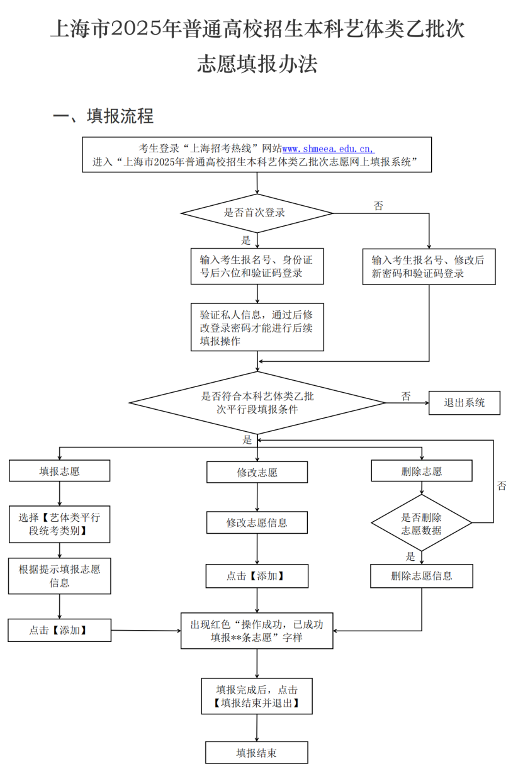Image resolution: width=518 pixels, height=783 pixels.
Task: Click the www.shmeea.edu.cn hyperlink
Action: click(328, 149)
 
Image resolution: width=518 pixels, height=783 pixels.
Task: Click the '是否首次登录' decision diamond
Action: click(257, 213)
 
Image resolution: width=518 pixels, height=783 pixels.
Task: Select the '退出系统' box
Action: click(465, 403)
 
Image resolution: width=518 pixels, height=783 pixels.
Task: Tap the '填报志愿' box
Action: click(59, 471)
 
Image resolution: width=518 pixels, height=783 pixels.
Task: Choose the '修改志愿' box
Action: click(257, 472)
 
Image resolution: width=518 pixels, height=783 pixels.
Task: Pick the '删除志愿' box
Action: click(422, 471)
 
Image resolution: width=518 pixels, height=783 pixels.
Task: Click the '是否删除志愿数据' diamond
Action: click(422, 523)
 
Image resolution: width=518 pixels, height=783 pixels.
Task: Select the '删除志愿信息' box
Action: click(422, 576)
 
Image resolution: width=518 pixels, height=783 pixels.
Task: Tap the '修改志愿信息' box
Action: click(257, 522)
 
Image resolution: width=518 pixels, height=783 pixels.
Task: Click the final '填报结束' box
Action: click(257, 753)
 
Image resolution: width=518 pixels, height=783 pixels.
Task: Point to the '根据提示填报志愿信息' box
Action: click(59, 576)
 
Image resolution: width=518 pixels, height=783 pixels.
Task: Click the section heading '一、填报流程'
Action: click(103, 116)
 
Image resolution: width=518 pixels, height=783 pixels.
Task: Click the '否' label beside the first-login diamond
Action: click(378, 206)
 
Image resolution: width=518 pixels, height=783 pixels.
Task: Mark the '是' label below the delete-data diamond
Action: click(410, 556)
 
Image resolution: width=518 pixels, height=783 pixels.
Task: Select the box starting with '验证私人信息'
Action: click(257, 327)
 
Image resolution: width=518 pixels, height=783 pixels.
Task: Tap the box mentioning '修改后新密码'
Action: click(429, 267)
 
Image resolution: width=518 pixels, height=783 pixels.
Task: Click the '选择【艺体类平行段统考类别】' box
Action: click(59, 524)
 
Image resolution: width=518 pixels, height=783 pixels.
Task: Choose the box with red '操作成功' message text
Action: click(257, 631)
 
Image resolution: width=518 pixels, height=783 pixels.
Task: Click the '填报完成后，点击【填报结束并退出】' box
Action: click(257, 696)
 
